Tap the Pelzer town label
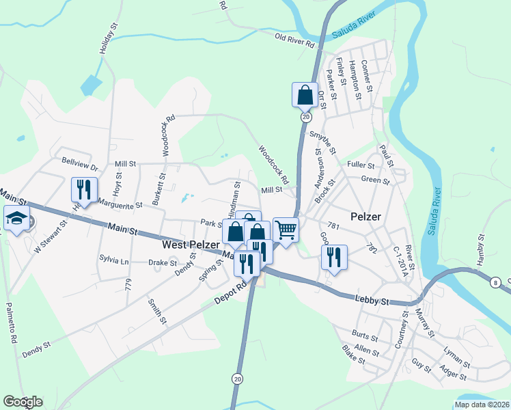click(x=365, y=217)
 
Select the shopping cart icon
click(x=286, y=230)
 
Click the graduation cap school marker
click(x=16, y=218)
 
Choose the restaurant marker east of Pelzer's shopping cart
click(x=333, y=257)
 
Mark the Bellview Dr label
click(x=80, y=167)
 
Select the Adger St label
click(x=453, y=376)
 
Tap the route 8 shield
click(x=495, y=282)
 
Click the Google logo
click(x=23, y=402)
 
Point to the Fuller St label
click(x=361, y=165)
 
